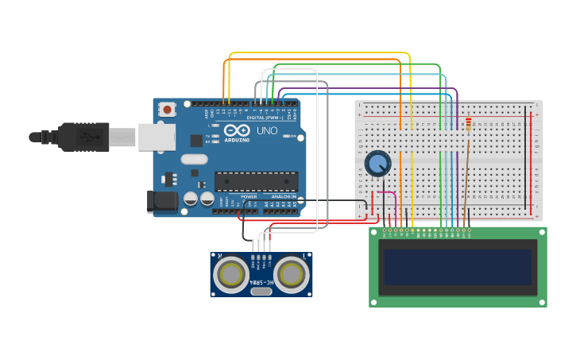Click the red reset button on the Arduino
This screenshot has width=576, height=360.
[167, 110]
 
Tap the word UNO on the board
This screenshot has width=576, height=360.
[267, 130]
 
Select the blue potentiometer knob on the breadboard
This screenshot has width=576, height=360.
[377, 164]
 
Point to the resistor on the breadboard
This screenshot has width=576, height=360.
[468, 125]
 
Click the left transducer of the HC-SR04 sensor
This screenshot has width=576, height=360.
[231, 275]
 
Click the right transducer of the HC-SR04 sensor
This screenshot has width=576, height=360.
[292, 275]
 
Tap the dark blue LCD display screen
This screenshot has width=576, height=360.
[458, 267]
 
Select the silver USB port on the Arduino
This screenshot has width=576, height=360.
[157, 137]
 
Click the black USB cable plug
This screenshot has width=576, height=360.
[83, 137]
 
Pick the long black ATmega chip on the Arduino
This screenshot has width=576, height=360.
[256, 181]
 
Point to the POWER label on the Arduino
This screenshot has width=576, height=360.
[249, 196]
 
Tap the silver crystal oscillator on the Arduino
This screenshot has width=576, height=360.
[194, 159]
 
